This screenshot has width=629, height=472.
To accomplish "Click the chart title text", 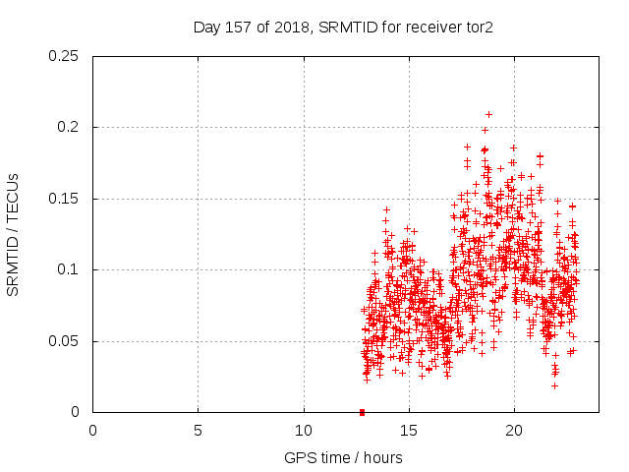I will (x=343, y=27).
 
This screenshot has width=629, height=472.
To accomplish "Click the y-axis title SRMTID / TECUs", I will (x=14, y=234).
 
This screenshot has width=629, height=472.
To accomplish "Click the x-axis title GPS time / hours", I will (x=343, y=457).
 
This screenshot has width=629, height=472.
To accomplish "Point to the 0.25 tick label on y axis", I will (x=65, y=56).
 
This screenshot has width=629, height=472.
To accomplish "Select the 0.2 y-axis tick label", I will (x=69, y=128).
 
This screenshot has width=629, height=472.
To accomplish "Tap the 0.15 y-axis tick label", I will (x=65, y=199).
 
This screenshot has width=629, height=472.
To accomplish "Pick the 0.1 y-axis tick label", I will (x=69, y=270).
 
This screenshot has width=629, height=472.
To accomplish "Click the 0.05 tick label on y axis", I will (x=65, y=341).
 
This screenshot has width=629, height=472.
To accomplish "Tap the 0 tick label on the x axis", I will (x=93, y=431).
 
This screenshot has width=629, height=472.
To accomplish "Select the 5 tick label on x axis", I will (x=199, y=431).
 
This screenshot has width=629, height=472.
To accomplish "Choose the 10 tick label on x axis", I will (x=304, y=431).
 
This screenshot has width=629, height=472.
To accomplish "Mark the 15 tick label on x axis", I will (x=409, y=431).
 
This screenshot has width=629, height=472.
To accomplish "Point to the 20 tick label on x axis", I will (x=514, y=431).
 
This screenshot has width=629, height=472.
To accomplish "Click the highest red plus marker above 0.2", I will (x=488, y=114).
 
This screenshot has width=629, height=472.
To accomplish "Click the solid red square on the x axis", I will (x=362, y=412).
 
